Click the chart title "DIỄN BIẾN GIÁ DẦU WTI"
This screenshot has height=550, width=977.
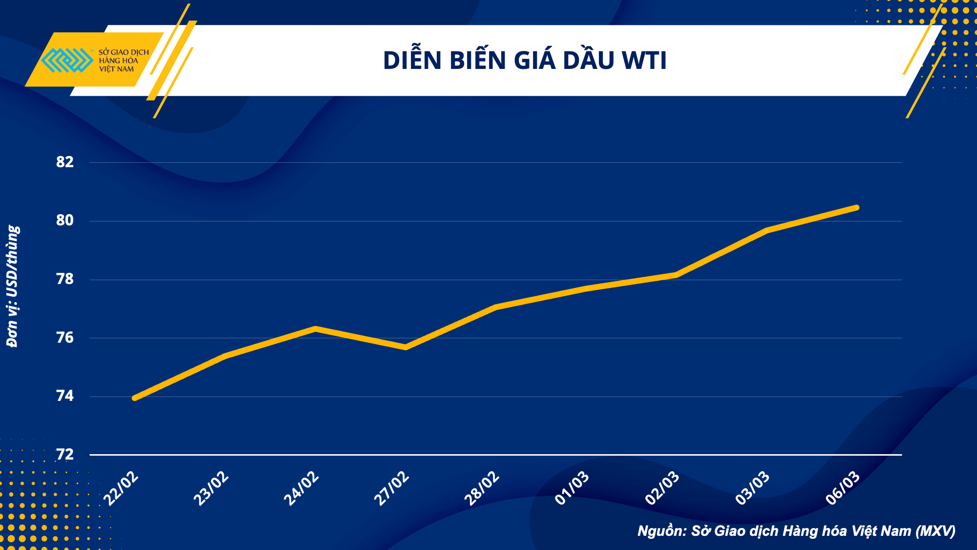click(x=525, y=61)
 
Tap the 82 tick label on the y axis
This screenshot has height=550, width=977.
click(x=65, y=162)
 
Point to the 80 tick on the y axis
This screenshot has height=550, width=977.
click(x=65, y=220)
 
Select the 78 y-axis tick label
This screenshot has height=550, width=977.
click(x=65, y=279)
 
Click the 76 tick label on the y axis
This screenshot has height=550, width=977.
click(x=65, y=338)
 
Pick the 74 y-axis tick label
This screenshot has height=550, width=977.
click(x=65, y=396)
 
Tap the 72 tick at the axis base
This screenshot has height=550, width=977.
click(x=65, y=455)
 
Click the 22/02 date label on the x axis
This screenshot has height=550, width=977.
click(x=121, y=489)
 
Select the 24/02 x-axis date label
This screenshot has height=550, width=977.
click(x=301, y=489)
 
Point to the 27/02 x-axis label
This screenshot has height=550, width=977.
click(x=391, y=489)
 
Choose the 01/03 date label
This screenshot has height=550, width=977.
click(x=572, y=489)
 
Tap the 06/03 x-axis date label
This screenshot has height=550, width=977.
click(x=843, y=489)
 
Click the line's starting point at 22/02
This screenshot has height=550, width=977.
click(x=135, y=398)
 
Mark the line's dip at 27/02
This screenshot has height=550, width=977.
click(x=405, y=347)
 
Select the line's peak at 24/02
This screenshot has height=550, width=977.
click(x=316, y=329)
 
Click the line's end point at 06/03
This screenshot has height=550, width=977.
click(x=856, y=208)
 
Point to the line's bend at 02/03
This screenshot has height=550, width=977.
click(x=676, y=275)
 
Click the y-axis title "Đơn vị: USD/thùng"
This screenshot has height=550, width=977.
click(x=13, y=286)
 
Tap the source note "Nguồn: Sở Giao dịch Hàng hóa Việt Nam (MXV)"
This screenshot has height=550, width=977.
click(x=796, y=531)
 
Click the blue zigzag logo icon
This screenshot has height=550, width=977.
click(x=67, y=60)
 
